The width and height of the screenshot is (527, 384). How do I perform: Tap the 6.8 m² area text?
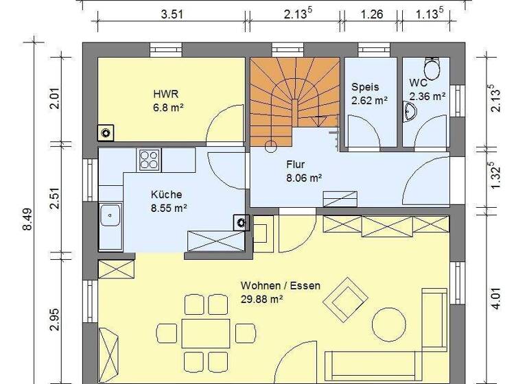(x=167, y=108)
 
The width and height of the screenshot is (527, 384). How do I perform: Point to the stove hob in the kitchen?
(x=149, y=160)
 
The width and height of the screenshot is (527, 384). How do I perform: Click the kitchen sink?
(x=110, y=218)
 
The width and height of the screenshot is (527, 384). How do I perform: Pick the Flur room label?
(x=295, y=165)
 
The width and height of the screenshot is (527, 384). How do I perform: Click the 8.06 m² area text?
(x=304, y=178)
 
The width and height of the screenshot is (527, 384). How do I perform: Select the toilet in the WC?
(x=432, y=69)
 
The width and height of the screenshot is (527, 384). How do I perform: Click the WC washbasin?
(x=412, y=112)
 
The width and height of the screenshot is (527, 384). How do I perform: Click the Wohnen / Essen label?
(x=280, y=285)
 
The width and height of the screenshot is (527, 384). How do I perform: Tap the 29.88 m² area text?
(x=262, y=298)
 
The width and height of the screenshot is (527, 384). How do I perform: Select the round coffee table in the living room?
(x=388, y=322)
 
